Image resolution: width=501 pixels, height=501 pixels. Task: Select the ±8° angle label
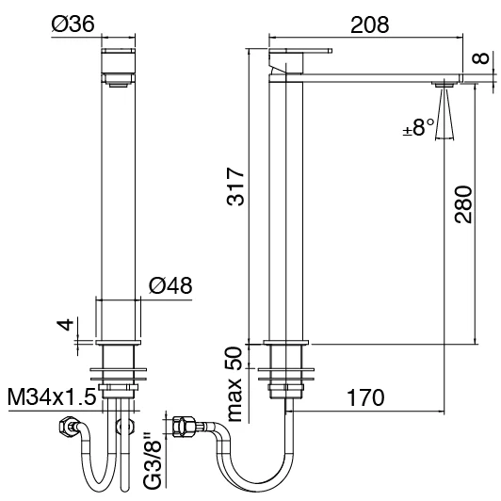pos(418,128)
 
